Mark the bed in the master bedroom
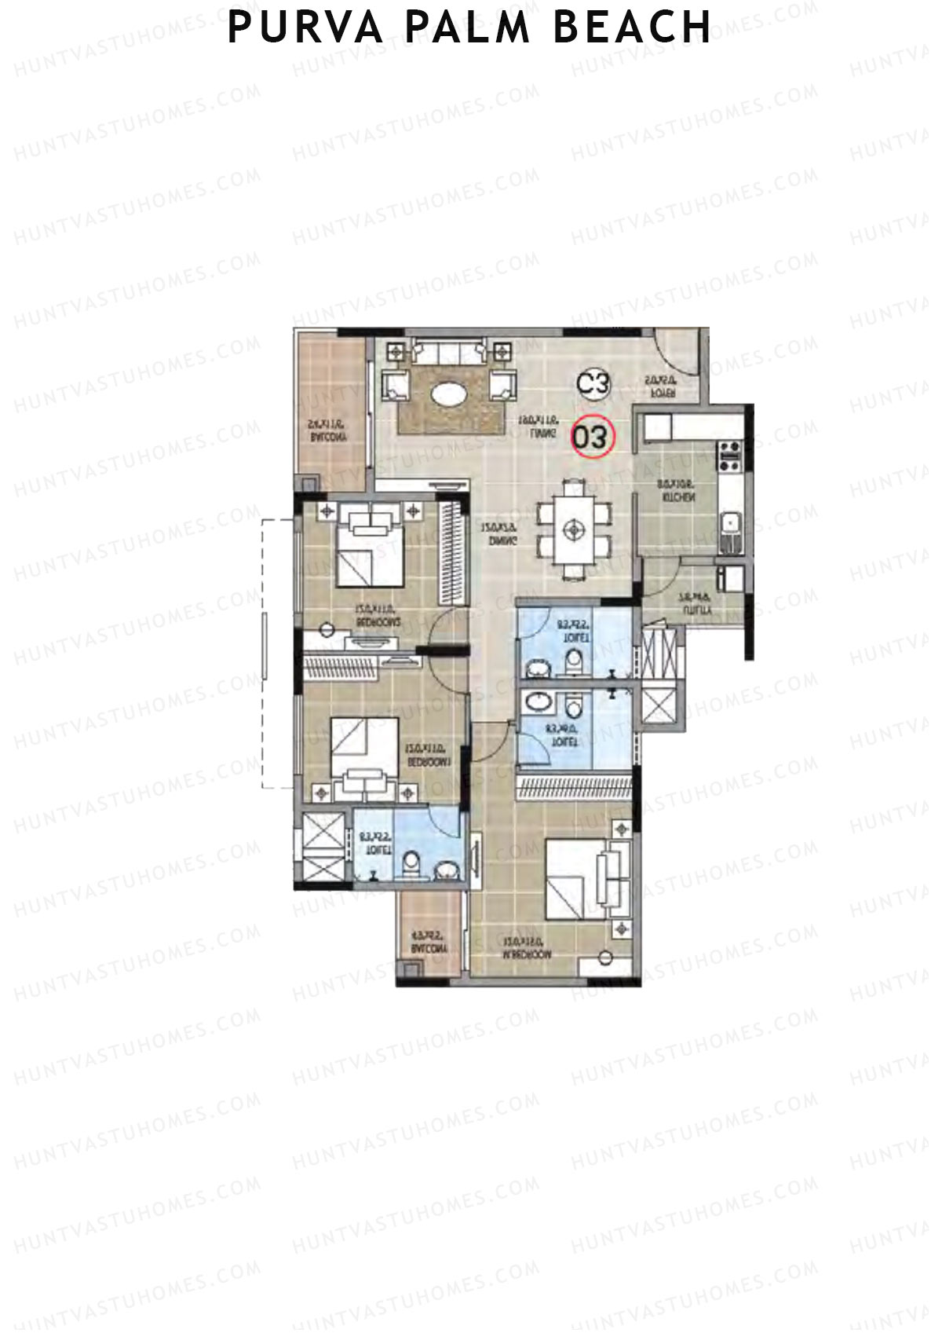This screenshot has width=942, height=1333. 577,877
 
